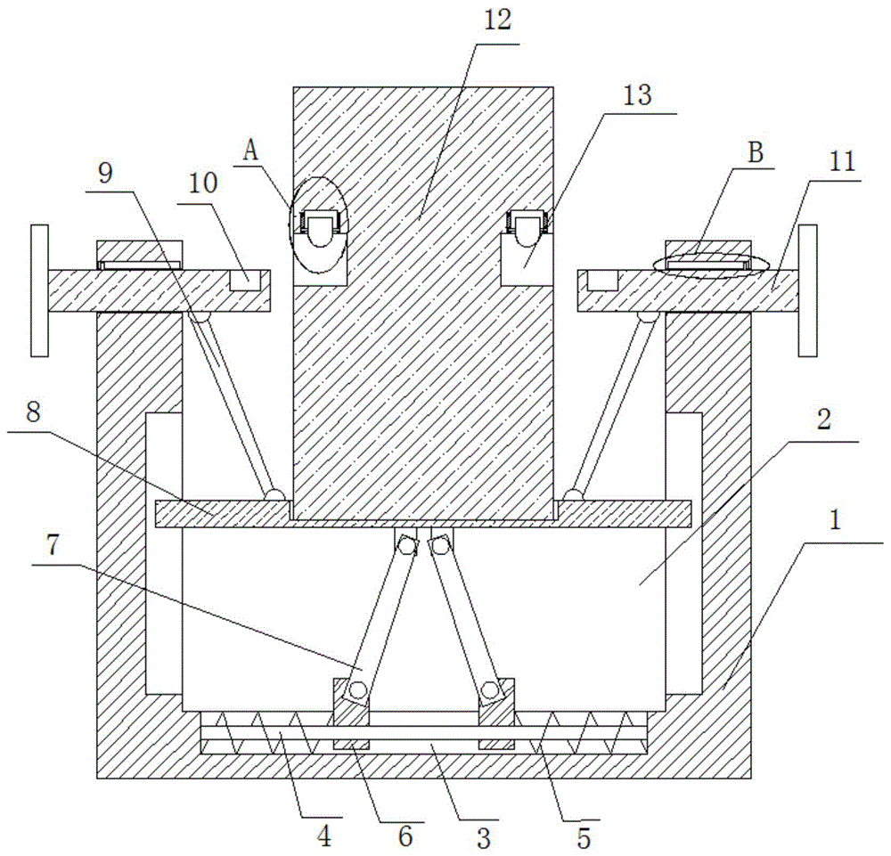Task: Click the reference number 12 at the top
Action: click(497, 20)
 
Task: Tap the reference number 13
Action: click(637, 95)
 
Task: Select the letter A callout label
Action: click(250, 151)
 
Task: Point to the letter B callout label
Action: click(756, 153)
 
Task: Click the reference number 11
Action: click(842, 162)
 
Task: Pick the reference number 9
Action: click(106, 174)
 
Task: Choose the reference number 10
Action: click(203, 183)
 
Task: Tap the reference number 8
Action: click(33, 413)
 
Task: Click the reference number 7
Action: click(53, 546)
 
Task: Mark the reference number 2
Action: click(824, 420)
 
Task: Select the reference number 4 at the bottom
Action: click(324, 836)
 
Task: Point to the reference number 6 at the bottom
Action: click(405, 836)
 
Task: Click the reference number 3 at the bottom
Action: click(483, 838)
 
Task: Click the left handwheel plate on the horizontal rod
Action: click(39, 290)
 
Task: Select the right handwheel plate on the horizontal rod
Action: click(807, 290)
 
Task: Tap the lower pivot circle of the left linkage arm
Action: click(357, 690)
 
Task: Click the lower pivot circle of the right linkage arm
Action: click(488, 690)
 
